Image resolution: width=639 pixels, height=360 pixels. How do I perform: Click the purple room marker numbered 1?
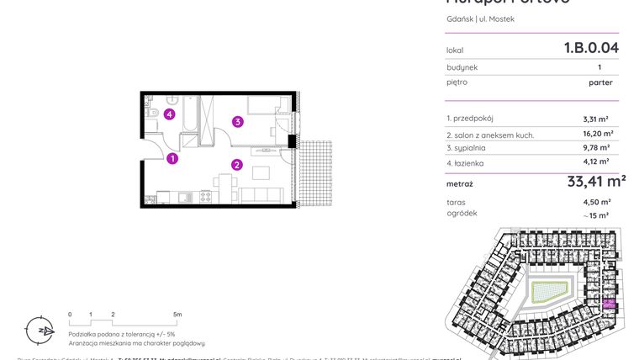(x=172, y=158)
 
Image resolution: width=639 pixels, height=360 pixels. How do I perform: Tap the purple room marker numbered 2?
(x=237, y=165)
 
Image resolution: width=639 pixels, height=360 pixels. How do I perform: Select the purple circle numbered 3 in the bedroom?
(x=239, y=122)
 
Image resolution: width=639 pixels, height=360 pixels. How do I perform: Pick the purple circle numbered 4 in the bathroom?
(x=170, y=114)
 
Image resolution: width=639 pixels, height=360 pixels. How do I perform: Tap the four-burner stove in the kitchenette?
(x=204, y=197)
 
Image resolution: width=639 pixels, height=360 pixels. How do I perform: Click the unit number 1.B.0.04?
(x=591, y=48)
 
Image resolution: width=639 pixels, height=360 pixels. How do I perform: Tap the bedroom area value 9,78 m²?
(x=597, y=148)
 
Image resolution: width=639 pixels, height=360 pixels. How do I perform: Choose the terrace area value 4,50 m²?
(x=597, y=202)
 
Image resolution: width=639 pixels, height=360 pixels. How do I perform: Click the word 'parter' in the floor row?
(x=600, y=82)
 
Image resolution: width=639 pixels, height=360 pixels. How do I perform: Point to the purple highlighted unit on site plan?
(x=608, y=305)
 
